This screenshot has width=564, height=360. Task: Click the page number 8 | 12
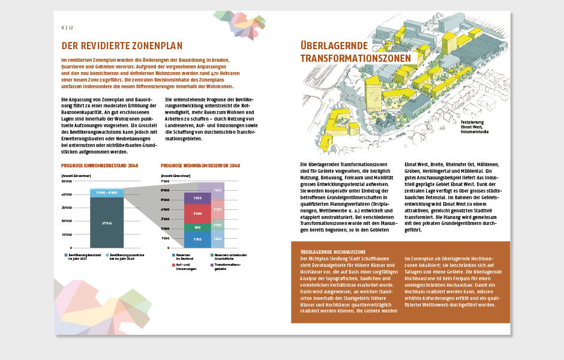[67, 28]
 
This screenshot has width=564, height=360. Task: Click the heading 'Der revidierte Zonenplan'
[122, 46]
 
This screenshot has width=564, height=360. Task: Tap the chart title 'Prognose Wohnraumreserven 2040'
[200, 166]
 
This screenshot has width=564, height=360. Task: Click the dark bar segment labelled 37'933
[107, 222]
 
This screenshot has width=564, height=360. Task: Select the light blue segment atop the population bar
[107, 193]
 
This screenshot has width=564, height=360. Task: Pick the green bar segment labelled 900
[197, 227]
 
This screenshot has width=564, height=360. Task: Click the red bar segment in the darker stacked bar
[197, 213]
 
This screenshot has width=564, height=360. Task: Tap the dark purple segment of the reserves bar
[197, 198]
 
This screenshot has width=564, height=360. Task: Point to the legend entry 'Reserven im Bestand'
[185, 257]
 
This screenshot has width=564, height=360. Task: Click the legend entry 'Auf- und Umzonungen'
[185, 266]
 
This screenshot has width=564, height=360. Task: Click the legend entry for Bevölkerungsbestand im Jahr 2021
[82, 257]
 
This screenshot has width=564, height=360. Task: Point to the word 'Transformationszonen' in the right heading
[358, 58]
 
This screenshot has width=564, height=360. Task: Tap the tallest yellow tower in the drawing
[449, 44]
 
